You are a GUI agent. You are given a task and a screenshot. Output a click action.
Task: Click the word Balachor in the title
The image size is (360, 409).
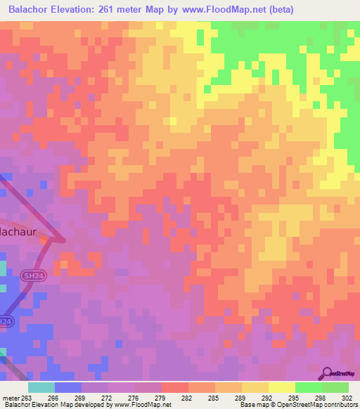31,9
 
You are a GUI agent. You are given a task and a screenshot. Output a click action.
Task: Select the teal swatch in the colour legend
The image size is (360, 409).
41,387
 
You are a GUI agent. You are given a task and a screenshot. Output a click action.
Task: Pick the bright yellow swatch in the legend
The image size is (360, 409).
281,387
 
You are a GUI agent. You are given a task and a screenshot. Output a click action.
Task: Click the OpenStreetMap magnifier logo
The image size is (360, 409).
328,373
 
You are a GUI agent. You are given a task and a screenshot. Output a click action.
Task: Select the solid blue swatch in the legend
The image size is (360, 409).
67,387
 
